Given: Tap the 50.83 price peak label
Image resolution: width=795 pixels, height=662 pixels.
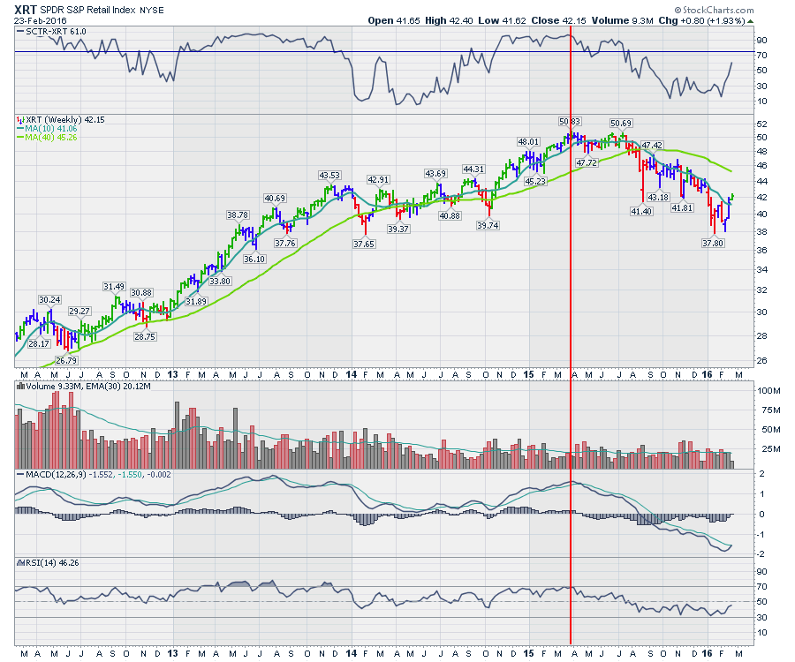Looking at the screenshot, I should click(x=570, y=121).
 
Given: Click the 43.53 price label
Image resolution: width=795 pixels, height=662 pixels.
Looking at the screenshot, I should click(x=329, y=176).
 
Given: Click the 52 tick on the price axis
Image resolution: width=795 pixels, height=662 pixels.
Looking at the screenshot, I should click(x=761, y=124).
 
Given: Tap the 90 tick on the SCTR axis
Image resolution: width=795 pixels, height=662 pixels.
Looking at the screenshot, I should click(x=761, y=40).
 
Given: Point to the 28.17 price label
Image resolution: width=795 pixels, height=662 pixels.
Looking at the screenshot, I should click(x=38, y=344).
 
